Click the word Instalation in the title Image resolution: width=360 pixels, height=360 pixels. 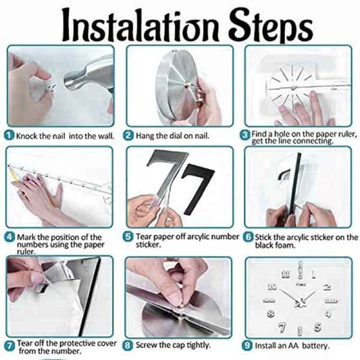(139, 25)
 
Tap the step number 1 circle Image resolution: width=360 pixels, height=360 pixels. (9, 135)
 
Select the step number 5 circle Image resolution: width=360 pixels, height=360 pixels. (128, 237)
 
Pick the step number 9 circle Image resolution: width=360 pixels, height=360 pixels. (247, 345)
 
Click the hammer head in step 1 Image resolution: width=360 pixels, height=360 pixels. (88, 74)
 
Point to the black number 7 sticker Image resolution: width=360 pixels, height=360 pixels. (197, 189)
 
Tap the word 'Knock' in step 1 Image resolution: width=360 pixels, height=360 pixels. (26, 136)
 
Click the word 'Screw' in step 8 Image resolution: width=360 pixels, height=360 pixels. (147, 345)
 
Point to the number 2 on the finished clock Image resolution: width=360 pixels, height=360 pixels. (327, 287)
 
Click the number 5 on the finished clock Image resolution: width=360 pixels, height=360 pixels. (317, 327)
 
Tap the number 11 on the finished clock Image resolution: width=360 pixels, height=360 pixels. (285, 274)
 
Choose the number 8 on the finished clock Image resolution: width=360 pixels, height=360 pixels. (271, 313)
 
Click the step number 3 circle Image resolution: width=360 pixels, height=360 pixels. (245, 135)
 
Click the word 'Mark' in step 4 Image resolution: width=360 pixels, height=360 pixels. (26, 237)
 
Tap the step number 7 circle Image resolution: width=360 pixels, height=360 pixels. (9, 346)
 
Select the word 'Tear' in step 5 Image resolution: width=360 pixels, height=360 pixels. (144, 236)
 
